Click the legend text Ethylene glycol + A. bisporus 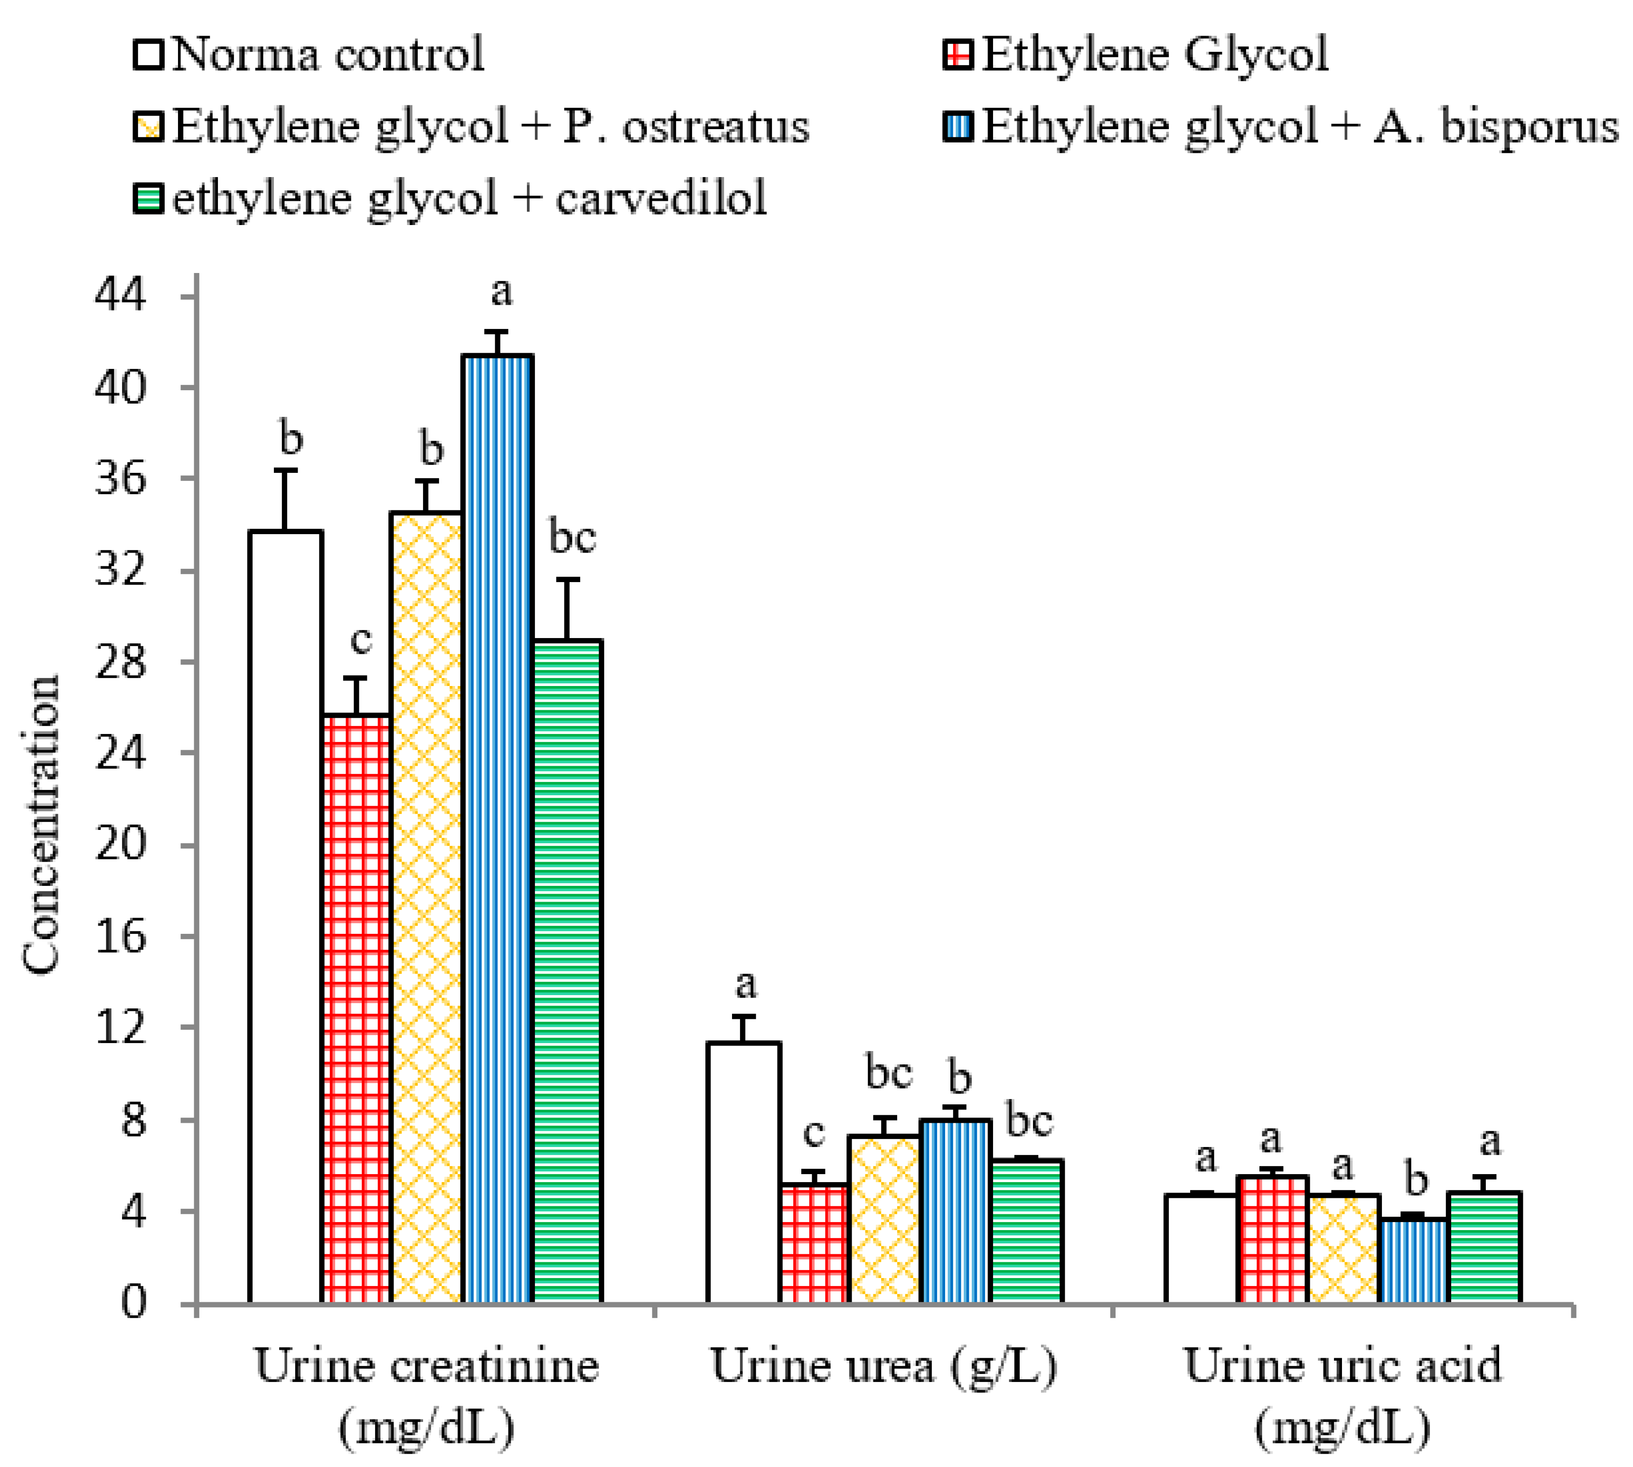pos(1298,127)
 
